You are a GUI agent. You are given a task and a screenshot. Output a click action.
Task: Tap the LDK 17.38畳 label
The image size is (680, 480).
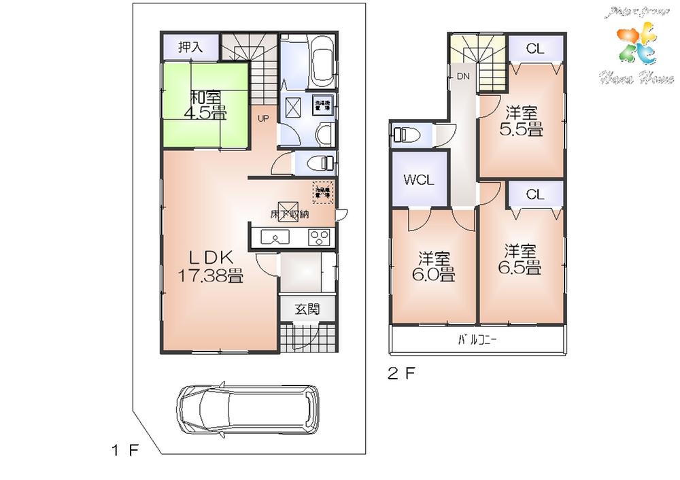point(211,266)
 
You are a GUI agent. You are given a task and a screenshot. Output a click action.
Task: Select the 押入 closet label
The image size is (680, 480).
point(190,48)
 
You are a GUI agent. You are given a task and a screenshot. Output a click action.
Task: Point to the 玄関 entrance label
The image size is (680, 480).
point(307,309)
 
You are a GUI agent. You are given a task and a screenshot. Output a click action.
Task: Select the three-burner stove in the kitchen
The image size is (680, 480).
point(320,237)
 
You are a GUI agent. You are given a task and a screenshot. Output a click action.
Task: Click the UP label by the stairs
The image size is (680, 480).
point(262,118)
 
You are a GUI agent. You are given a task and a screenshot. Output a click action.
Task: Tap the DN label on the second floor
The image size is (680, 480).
point(462,76)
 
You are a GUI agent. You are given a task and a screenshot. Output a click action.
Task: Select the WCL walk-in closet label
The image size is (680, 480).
point(419,180)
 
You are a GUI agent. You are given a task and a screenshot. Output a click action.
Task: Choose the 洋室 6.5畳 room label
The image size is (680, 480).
point(522,258)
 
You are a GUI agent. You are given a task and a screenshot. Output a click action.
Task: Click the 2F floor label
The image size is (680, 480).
point(401,373)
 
